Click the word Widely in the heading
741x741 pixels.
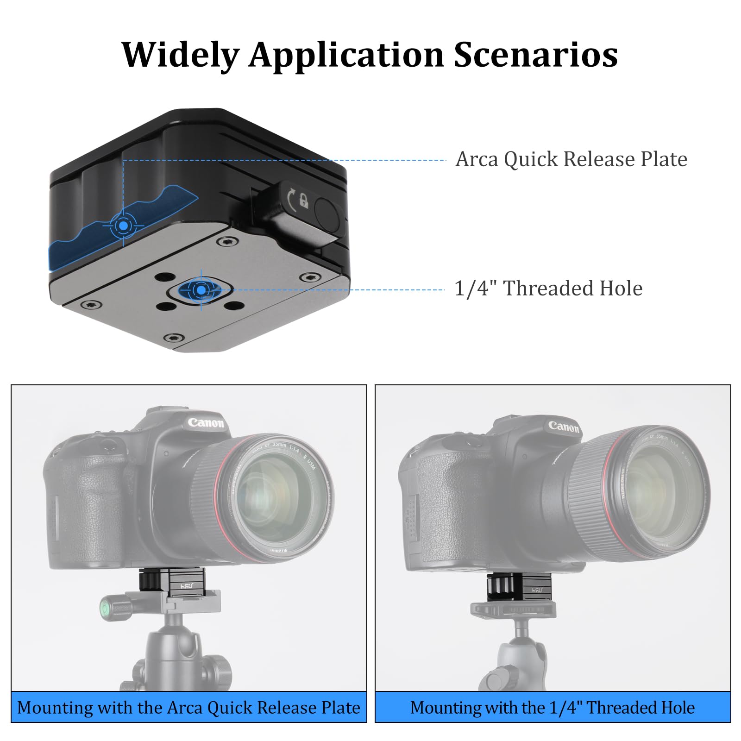click(180, 55)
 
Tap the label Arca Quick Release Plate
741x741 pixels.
click(571, 159)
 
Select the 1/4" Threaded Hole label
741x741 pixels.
click(548, 289)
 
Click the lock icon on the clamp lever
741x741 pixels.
click(303, 200)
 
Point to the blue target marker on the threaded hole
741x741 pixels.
click(201, 290)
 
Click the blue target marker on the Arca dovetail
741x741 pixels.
click(123, 226)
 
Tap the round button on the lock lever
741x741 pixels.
click(328, 213)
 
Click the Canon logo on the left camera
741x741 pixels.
click(206, 422)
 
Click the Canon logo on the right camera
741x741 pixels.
click(563, 427)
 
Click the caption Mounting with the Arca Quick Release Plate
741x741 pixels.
click(188, 708)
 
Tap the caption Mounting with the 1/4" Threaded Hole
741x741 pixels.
click(553, 708)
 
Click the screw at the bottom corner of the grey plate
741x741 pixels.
click(174, 338)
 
